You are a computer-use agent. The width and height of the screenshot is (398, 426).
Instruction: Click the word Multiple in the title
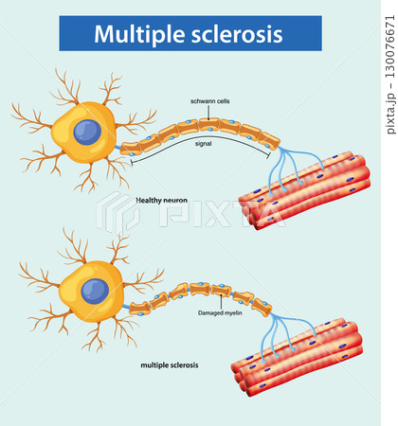(x=139, y=34)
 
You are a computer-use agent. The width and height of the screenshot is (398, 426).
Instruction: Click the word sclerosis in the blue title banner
(x=237, y=34)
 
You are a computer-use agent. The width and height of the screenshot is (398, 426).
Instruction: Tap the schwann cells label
(x=209, y=101)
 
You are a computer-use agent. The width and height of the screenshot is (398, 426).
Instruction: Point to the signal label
(x=203, y=144)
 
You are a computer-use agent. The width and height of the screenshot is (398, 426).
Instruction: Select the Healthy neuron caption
(x=161, y=200)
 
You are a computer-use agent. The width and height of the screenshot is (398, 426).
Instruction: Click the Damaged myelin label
(x=220, y=312)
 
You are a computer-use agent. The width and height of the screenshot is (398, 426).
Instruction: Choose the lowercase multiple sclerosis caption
(x=170, y=365)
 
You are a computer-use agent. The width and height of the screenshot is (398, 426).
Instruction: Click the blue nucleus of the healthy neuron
(x=87, y=133)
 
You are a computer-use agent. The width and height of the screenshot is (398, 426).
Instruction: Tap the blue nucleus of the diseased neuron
(x=95, y=292)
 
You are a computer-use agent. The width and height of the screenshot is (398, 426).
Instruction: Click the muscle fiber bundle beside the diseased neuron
(x=297, y=357)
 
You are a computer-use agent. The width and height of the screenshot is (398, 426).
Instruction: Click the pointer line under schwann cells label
(x=208, y=113)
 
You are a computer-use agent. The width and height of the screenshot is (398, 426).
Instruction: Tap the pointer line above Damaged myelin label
(x=221, y=302)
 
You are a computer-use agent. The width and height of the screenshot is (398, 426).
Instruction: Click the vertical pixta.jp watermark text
(x=390, y=75)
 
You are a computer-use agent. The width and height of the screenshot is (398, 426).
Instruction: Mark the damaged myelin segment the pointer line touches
(x=221, y=290)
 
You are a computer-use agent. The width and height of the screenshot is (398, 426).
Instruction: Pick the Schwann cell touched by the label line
(x=209, y=124)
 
